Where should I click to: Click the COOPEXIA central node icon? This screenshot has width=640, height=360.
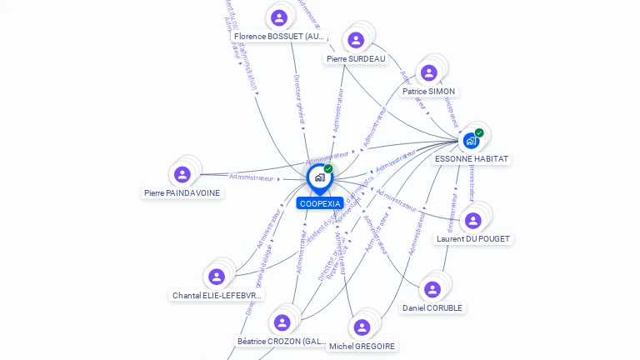[x=319, y=177]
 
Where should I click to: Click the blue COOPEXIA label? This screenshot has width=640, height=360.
[x=320, y=203]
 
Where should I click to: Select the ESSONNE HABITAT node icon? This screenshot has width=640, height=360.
[x=471, y=140]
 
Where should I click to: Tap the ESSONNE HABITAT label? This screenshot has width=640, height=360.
[x=472, y=158]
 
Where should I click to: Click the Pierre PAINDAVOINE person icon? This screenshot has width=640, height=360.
[x=182, y=174]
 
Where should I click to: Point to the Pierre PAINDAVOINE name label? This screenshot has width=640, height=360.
[x=182, y=192]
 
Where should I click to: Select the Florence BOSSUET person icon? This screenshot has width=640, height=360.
[x=279, y=17]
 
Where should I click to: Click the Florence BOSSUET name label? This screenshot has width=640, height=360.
[x=279, y=37]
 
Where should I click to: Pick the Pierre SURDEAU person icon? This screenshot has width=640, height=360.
[x=356, y=40]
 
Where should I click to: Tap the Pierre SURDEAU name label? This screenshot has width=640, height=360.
[x=356, y=59]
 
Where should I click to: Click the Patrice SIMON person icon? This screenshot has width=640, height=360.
[x=429, y=73]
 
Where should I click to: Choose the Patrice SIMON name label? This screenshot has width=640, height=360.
[x=429, y=92]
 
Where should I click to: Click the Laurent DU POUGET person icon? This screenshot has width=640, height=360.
[x=473, y=220]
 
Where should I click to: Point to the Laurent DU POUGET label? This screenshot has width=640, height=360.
[x=473, y=238]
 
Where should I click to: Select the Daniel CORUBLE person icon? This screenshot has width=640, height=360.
[x=432, y=289]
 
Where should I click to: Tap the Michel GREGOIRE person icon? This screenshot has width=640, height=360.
[x=362, y=327]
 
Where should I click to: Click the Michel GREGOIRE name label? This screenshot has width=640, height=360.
[x=362, y=346]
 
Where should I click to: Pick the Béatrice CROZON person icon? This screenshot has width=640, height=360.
[x=282, y=322]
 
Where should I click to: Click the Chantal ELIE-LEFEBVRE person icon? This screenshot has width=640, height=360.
[x=217, y=277]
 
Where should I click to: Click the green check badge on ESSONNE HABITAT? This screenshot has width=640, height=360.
[x=479, y=132]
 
